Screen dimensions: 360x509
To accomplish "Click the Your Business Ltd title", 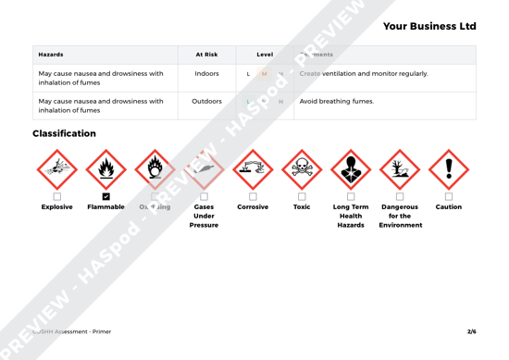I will click(x=428, y=26).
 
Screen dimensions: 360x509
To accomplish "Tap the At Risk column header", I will click(x=206, y=55).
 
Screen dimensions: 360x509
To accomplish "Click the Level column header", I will click(x=265, y=55).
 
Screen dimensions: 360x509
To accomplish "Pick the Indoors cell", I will click(x=206, y=73).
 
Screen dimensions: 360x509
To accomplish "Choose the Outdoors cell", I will click(x=206, y=101).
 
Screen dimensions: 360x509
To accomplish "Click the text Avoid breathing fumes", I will click(x=337, y=101).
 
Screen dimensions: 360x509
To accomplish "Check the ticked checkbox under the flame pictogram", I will click(x=106, y=196).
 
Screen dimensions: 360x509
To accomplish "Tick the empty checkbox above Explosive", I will click(x=56, y=196).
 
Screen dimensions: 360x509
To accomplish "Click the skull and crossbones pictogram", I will click(x=302, y=168).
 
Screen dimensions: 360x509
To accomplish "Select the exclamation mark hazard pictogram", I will click(x=449, y=168).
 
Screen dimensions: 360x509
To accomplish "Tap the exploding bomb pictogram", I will click(x=56, y=168).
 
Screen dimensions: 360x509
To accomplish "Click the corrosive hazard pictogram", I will click(x=253, y=168).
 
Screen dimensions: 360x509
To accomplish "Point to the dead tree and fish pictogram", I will click(x=400, y=168).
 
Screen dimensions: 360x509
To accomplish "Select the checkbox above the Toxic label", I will click(x=302, y=196).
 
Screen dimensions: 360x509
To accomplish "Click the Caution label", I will click(x=449, y=206).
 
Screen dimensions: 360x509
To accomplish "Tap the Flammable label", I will click(x=106, y=206).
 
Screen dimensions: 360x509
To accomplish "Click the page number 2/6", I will click(x=471, y=330).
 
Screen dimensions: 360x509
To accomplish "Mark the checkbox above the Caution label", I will click(x=449, y=196).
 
